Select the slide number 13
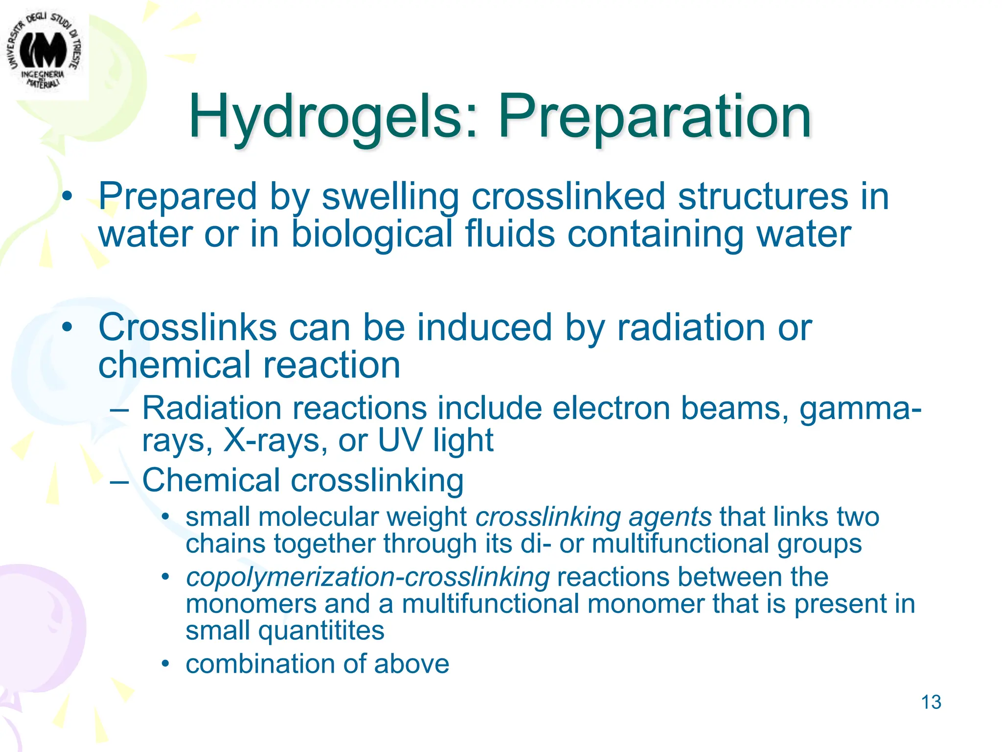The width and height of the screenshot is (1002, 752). click(x=931, y=702)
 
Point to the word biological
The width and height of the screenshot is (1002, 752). click(x=372, y=234)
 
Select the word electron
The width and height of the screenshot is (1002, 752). click(x=611, y=408)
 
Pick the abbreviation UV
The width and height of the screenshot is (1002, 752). click(x=400, y=440)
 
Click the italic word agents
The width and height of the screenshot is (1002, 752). click(x=670, y=517)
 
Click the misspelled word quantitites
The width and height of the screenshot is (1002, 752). click(x=321, y=631)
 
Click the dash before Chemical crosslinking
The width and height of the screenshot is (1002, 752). click(x=119, y=481)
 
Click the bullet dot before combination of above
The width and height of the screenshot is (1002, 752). click(x=166, y=664)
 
